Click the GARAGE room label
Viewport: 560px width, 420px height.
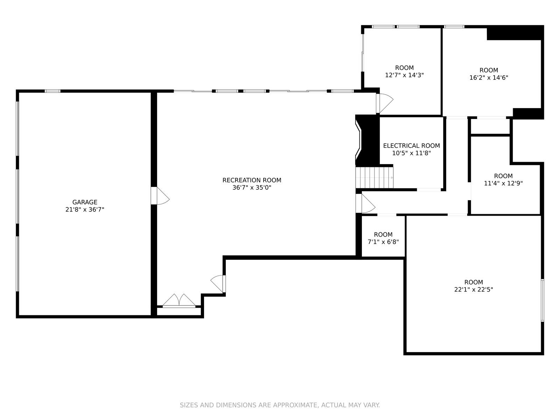coord(85,202)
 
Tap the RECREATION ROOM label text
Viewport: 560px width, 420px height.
coord(252,180)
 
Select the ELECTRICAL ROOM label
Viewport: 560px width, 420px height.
coord(412,146)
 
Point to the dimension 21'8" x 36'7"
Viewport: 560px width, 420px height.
coord(85,210)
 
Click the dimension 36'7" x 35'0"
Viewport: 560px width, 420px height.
coord(252,188)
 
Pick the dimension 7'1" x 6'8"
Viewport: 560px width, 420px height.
coord(383,242)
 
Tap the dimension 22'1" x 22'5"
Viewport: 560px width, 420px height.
coord(474,289)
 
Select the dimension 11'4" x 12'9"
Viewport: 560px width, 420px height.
coord(503,183)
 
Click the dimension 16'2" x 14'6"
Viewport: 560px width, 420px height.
coord(489,77)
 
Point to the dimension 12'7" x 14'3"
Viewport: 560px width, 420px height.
coord(404,75)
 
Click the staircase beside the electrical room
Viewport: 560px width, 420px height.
coord(374,177)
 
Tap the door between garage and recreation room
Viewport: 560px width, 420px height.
coord(160,196)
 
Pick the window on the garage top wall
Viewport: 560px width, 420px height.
coord(52,91)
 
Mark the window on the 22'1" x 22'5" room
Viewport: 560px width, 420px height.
coord(542,300)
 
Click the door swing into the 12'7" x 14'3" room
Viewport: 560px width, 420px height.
coord(384,104)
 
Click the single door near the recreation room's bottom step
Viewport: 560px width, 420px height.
coord(218,284)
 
